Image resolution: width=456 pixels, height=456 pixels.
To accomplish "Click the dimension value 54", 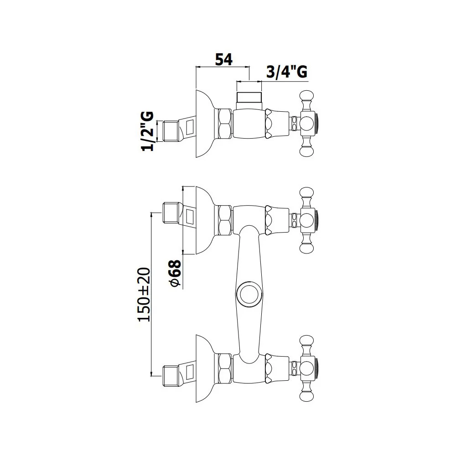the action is point(223,60).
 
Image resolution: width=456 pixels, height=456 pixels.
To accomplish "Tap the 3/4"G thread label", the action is point(287,72).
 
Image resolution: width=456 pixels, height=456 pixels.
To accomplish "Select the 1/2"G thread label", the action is point(147,131).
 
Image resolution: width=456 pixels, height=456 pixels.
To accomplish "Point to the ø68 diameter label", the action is point(176,273).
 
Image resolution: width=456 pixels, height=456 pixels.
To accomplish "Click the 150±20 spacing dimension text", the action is point(144,295).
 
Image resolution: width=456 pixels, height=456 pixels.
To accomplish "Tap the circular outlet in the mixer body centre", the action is point(249,294).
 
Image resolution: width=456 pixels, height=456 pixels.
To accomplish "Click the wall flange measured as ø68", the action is point(205,220).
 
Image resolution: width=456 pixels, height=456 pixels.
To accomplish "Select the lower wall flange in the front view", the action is point(205,368).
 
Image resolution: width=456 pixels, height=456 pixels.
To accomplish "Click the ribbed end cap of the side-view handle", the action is point(316,124).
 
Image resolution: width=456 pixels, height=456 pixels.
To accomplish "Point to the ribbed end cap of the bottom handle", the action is point(316,368).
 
